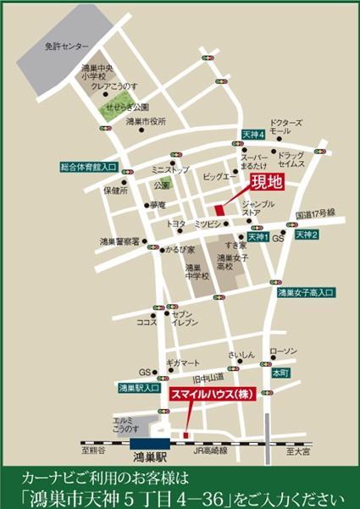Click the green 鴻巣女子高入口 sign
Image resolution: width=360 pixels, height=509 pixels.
point(307,292)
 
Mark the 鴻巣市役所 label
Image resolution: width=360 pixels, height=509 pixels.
point(144,122)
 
